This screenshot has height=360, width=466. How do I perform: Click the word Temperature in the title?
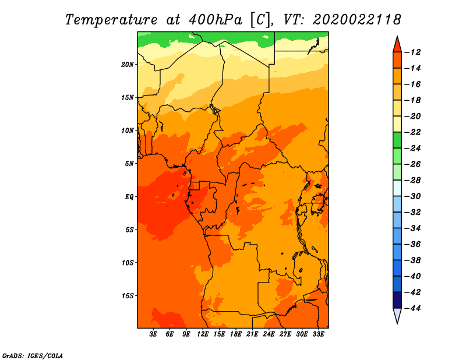pyautogui.click(x=111, y=20)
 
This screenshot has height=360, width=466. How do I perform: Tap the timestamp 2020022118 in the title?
pyautogui.click(x=357, y=20)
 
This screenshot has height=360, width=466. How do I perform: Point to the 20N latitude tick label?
pyautogui.click(x=128, y=65)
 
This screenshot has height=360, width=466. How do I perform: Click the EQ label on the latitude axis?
pyautogui.click(x=129, y=197)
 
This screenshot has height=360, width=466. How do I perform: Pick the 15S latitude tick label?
pyautogui.click(x=128, y=296)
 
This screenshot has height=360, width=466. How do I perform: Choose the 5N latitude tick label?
pyautogui.click(x=129, y=164)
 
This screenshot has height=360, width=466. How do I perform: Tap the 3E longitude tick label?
pyautogui.click(x=153, y=334)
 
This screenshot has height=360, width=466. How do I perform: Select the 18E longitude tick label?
pyautogui.click(x=236, y=334)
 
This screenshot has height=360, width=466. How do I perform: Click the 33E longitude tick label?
pyautogui.click(x=318, y=334)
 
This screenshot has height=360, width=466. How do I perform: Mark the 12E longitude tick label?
pyautogui.click(x=203, y=334)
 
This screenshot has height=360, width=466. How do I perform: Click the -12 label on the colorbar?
pyautogui.click(x=413, y=52)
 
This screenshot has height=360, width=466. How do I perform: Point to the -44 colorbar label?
pyautogui.click(x=413, y=308)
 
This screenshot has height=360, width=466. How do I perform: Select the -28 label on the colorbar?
pyautogui.click(x=413, y=181)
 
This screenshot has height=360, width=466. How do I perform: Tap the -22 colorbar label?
pyautogui.click(x=413, y=132)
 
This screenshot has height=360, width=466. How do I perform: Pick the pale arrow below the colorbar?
pyautogui.click(x=397, y=315)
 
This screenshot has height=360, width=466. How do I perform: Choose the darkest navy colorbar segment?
pyautogui.click(x=397, y=300)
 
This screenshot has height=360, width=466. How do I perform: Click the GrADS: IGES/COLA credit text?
pyautogui.click(x=33, y=355)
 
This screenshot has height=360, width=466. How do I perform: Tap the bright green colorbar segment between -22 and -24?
pyautogui.click(x=397, y=140)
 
